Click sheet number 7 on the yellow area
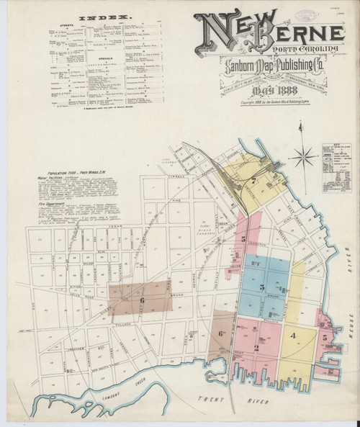(x=255, y=180)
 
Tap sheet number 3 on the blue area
(x=264, y=287)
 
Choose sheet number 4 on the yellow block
(x=293, y=336)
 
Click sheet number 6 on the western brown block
(x=143, y=300)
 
